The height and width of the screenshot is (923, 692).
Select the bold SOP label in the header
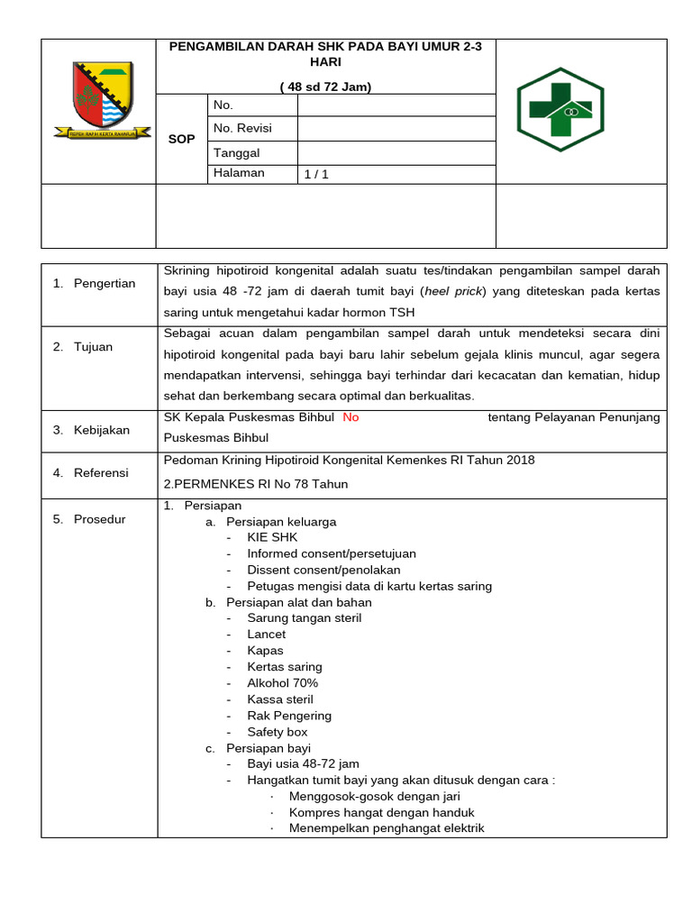[x=181, y=140]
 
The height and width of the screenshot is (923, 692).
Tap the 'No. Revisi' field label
[x=242, y=129]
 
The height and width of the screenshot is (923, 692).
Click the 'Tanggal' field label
[x=236, y=153]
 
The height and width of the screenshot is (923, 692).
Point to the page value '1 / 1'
[x=316, y=175]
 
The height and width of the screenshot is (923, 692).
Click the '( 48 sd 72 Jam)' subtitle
[x=325, y=87]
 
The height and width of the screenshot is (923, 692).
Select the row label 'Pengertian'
[x=105, y=283]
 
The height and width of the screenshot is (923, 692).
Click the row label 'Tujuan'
[x=93, y=347]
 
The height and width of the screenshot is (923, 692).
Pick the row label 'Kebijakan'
[x=103, y=430]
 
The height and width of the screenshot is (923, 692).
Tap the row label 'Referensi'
[x=101, y=472]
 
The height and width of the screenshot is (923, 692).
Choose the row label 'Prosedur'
[x=100, y=519]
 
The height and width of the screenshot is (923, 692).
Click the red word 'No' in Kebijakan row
[x=351, y=417]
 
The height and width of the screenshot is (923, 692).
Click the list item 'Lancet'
[x=266, y=635]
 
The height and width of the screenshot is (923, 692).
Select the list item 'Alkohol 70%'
[x=282, y=683]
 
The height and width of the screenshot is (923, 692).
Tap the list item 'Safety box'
[x=278, y=732]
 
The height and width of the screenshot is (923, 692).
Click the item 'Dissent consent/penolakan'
[x=323, y=570]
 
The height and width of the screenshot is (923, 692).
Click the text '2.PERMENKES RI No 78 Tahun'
[x=255, y=484]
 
